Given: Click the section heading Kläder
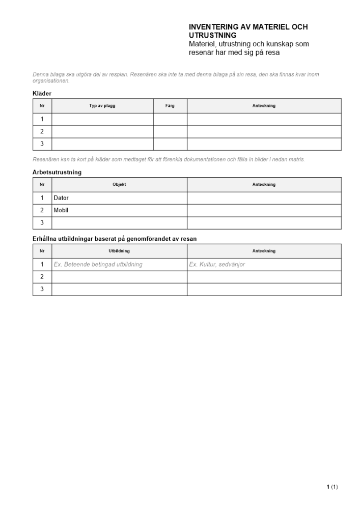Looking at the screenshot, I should click(42, 94).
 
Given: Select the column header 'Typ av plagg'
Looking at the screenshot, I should click(102, 106).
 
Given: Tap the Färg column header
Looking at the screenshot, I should click(170, 106).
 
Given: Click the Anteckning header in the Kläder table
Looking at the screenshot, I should click(264, 106).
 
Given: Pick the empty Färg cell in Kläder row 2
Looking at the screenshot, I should click(170, 131).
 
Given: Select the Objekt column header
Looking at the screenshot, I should click(119, 184).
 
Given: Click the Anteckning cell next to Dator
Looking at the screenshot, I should click(264, 197).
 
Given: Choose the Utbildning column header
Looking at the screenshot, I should click(119, 251).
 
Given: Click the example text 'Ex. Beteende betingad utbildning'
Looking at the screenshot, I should click(98, 264).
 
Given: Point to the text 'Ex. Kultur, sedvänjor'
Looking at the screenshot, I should click(217, 264).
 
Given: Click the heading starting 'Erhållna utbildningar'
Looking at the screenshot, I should click(115, 239).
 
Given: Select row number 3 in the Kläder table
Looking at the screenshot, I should click(42, 144).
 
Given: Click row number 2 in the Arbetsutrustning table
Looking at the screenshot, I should click(42, 210).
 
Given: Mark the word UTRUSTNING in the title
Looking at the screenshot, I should click(212, 36).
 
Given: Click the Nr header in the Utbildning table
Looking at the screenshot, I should click(42, 251).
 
